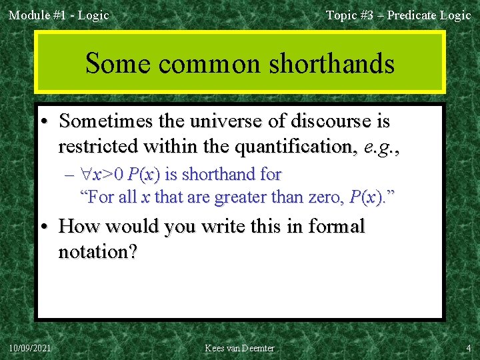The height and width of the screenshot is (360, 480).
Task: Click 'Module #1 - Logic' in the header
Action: [x=59, y=15]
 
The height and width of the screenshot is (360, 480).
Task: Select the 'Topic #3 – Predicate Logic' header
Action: [x=398, y=15]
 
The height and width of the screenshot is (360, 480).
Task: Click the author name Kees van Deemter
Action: [x=239, y=348]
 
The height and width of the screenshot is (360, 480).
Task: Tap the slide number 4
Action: [x=468, y=348]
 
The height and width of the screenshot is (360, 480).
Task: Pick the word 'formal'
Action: [x=333, y=227]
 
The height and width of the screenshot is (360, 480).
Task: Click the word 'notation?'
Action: [x=98, y=252]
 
